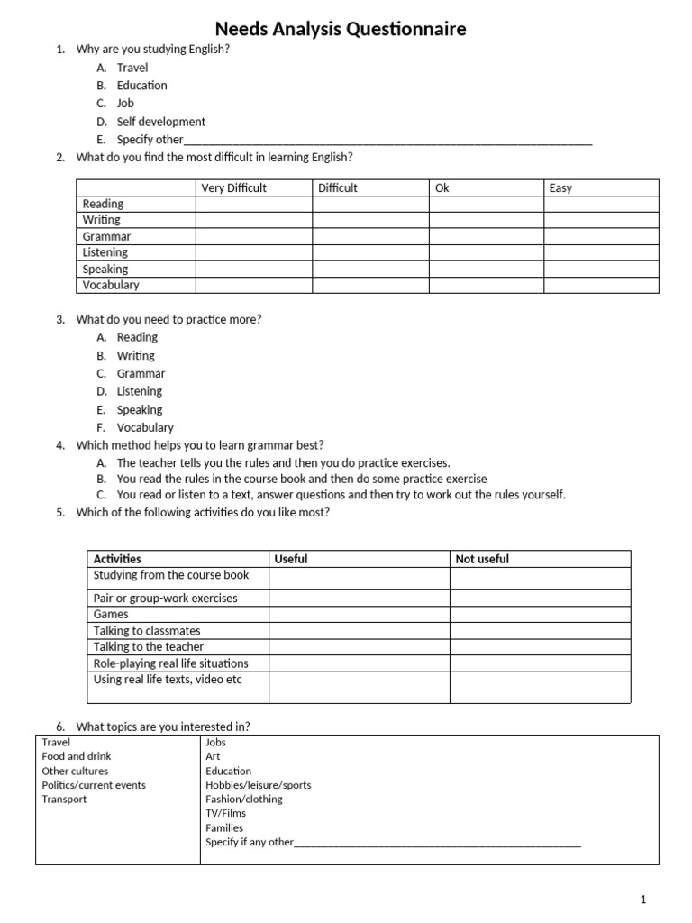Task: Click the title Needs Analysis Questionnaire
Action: tap(340, 30)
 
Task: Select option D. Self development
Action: tap(160, 122)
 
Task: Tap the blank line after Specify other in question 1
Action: tap(387, 141)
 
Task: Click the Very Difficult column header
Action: tap(233, 188)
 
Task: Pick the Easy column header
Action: tap(560, 188)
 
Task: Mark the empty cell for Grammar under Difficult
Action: tap(369, 236)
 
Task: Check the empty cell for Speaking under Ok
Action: tap(485, 269)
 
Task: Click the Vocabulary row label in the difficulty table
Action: tap(111, 285)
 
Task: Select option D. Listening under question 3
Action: tap(139, 391)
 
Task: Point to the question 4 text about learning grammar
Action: tap(200, 445)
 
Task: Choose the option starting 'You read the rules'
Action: tap(301, 479)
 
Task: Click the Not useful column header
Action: tap(482, 559)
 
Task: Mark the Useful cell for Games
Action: tap(359, 614)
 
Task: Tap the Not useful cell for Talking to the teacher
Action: tap(540, 646)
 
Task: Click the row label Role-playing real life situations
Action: tap(170, 663)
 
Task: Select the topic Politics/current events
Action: tap(94, 785)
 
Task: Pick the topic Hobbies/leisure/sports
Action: tap(258, 785)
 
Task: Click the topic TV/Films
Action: tap(225, 813)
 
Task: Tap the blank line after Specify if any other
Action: tap(438, 844)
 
